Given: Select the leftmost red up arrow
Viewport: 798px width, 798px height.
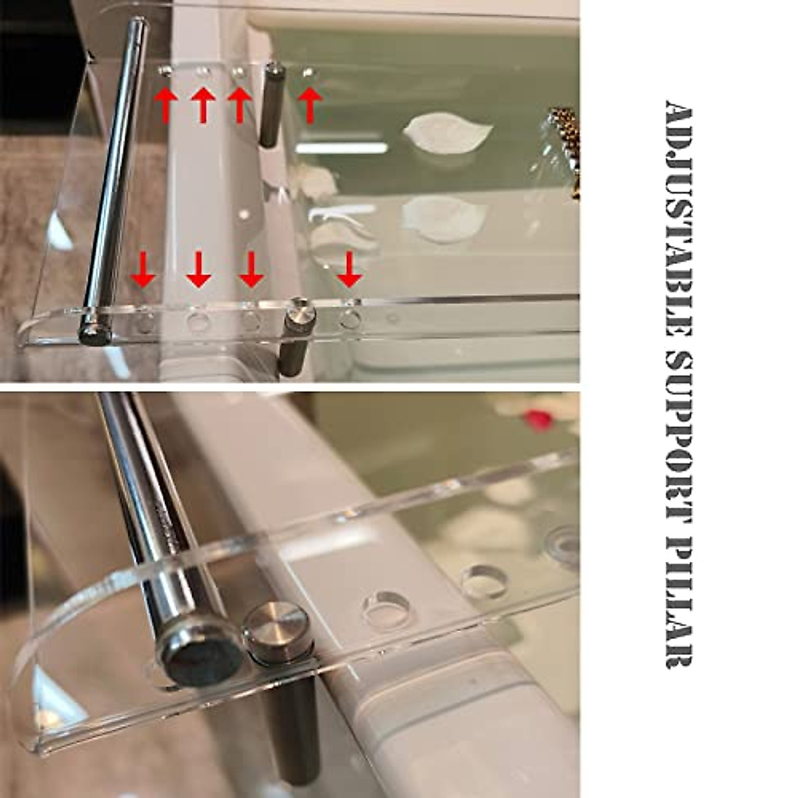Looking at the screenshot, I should pyautogui.click(x=166, y=104).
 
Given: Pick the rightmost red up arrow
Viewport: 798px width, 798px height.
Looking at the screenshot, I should pyautogui.click(x=309, y=104).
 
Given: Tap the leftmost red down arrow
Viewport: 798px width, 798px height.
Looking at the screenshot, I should pyautogui.click(x=143, y=269).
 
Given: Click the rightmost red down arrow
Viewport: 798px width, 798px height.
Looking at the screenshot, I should pyautogui.click(x=349, y=269).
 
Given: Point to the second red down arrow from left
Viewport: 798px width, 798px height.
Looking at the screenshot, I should pyautogui.click(x=198, y=269).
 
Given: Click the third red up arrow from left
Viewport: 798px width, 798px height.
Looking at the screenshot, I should pyautogui.click(x=239, y=104).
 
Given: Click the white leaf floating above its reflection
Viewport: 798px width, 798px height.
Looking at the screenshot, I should pyautogui.click(x=447, y=130).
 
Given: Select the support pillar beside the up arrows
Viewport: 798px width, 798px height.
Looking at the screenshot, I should pyautogui.click(x=271, y=106).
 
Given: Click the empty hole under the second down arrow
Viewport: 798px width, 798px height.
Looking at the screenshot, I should pyautogui.click(x=198, y=323).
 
